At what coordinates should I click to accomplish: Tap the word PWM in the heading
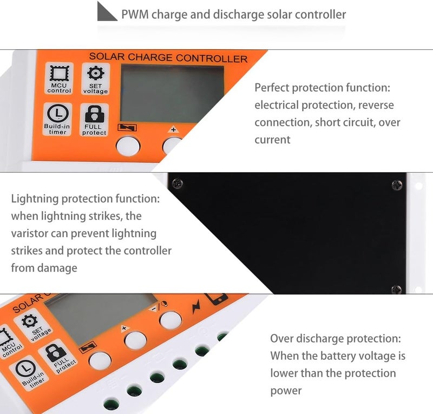tap(135, 15)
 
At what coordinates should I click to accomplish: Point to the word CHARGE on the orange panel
tap(150, 57)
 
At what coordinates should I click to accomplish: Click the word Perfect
tap(272, 88)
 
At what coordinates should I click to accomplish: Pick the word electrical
tap(277, 105)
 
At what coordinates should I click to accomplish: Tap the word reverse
tap(376, 105)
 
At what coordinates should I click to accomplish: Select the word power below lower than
tap(286, 391)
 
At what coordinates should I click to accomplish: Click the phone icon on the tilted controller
tap(217, 299)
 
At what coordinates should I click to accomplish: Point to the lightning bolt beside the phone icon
tap(196, 306)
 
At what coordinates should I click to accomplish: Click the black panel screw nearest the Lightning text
tap(177, 183)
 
